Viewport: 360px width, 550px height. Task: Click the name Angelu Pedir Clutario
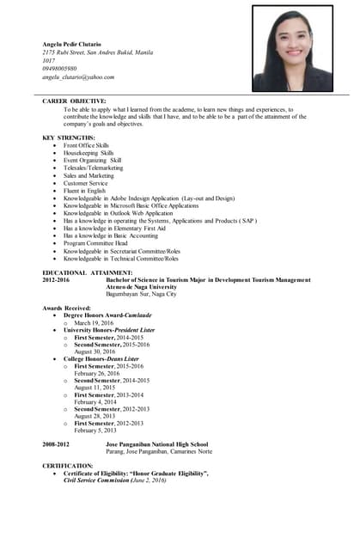(71, 44)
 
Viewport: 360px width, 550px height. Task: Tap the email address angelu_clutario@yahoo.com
(78, 77)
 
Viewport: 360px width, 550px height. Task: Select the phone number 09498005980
(60, 69)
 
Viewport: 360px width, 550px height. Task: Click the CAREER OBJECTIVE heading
(74, 101)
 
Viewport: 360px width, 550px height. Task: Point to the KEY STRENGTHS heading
(68, 137)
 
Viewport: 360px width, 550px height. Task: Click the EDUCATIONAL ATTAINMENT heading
(88, 272)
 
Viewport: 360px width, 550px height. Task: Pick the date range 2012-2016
(56, 280)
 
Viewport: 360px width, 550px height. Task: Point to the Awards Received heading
(73, 308)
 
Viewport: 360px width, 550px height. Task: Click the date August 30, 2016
(96, 351)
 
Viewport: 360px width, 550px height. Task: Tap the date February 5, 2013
(96, 430)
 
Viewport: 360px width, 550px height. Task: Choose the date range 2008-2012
(56, 444)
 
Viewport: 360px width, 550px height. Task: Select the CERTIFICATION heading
(68, 466)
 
